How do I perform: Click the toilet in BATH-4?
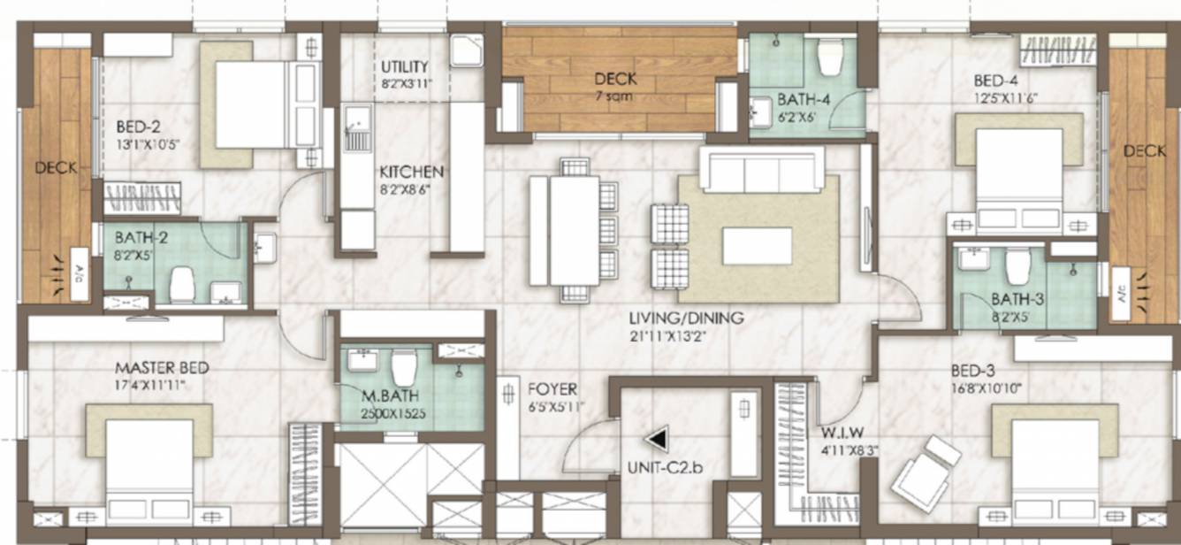[830, 58]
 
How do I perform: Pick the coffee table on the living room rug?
[757, 246]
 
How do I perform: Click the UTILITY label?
[405, 67]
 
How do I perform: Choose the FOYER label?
[552, 389]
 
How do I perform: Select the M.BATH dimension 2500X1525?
[383, 412]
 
